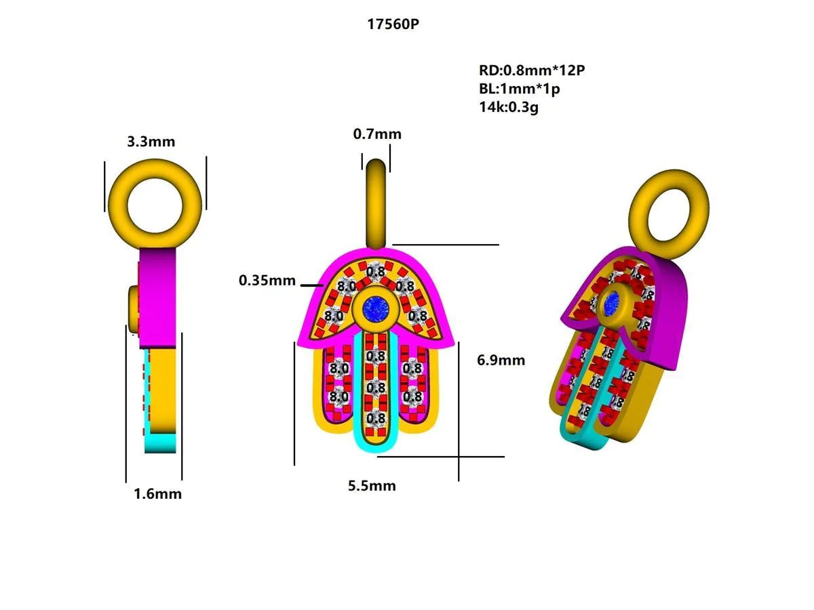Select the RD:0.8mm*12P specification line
pyautogui.click(x=531, y=70)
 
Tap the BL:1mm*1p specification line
pyautogui.click(x=520, y=89)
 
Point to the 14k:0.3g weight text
pyautogui.click(x=508, y=106)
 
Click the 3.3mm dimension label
pyautogui.click(x=151, y=142)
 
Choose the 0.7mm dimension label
pyautogui.click(x=377, y=134)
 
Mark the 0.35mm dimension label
pyautogui.click(x=267, y=280)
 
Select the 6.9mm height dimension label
pyautogui.click(x=501, y=360)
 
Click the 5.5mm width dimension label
pyautogui.click(x=372, y=486)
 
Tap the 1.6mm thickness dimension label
pyautogui.click(x=157, y=493)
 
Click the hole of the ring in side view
pyautogui.click(x=155, y=201)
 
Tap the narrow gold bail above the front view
pyautogui.click(x=376, y=202)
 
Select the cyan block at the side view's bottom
pyautogui.click(x=161, y=443)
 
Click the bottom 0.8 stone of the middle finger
pyautogui.click(x=375, y=419)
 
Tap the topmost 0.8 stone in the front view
pyautogui.click(x=375, y=272)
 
